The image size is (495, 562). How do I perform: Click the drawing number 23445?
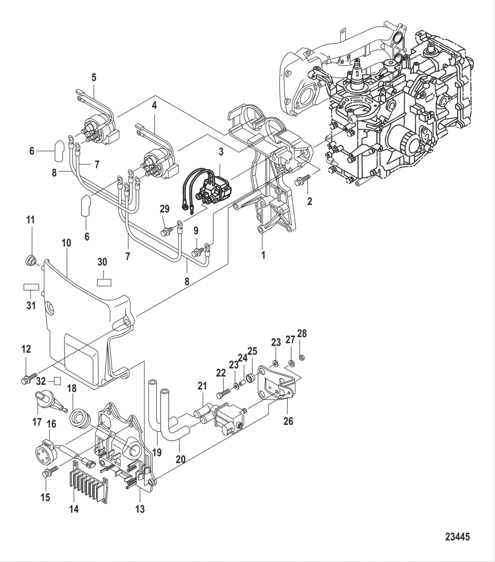457,537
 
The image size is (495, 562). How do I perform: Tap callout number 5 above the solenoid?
94,77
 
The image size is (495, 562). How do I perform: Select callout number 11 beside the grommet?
31,220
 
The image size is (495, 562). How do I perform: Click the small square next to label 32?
57,380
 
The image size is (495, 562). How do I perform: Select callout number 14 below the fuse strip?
74,509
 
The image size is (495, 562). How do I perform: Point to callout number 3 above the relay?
221,152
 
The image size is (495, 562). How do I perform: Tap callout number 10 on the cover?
66,243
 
